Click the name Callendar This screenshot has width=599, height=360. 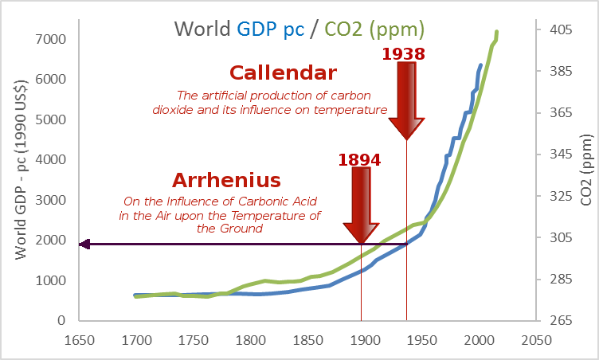(x=283, y=73)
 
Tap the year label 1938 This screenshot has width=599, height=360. (x=403, y=54)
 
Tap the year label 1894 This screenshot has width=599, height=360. (x=359, y=159)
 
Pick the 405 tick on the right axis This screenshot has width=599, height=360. (x=560, y=30)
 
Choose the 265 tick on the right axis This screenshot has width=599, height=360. (x=560, y=320)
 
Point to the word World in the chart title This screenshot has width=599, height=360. (x=203, y=29)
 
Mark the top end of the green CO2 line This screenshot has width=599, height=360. (x=497, y=33)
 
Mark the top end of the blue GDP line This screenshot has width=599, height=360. (x=481, y=65)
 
